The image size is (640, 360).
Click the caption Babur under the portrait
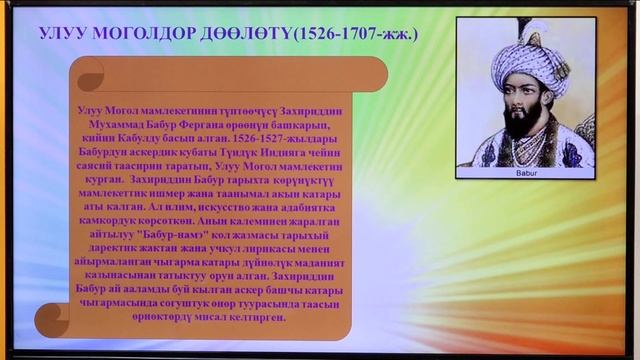click(x=525, y=172)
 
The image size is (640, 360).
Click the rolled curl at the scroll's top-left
click(x=88, y=73)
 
